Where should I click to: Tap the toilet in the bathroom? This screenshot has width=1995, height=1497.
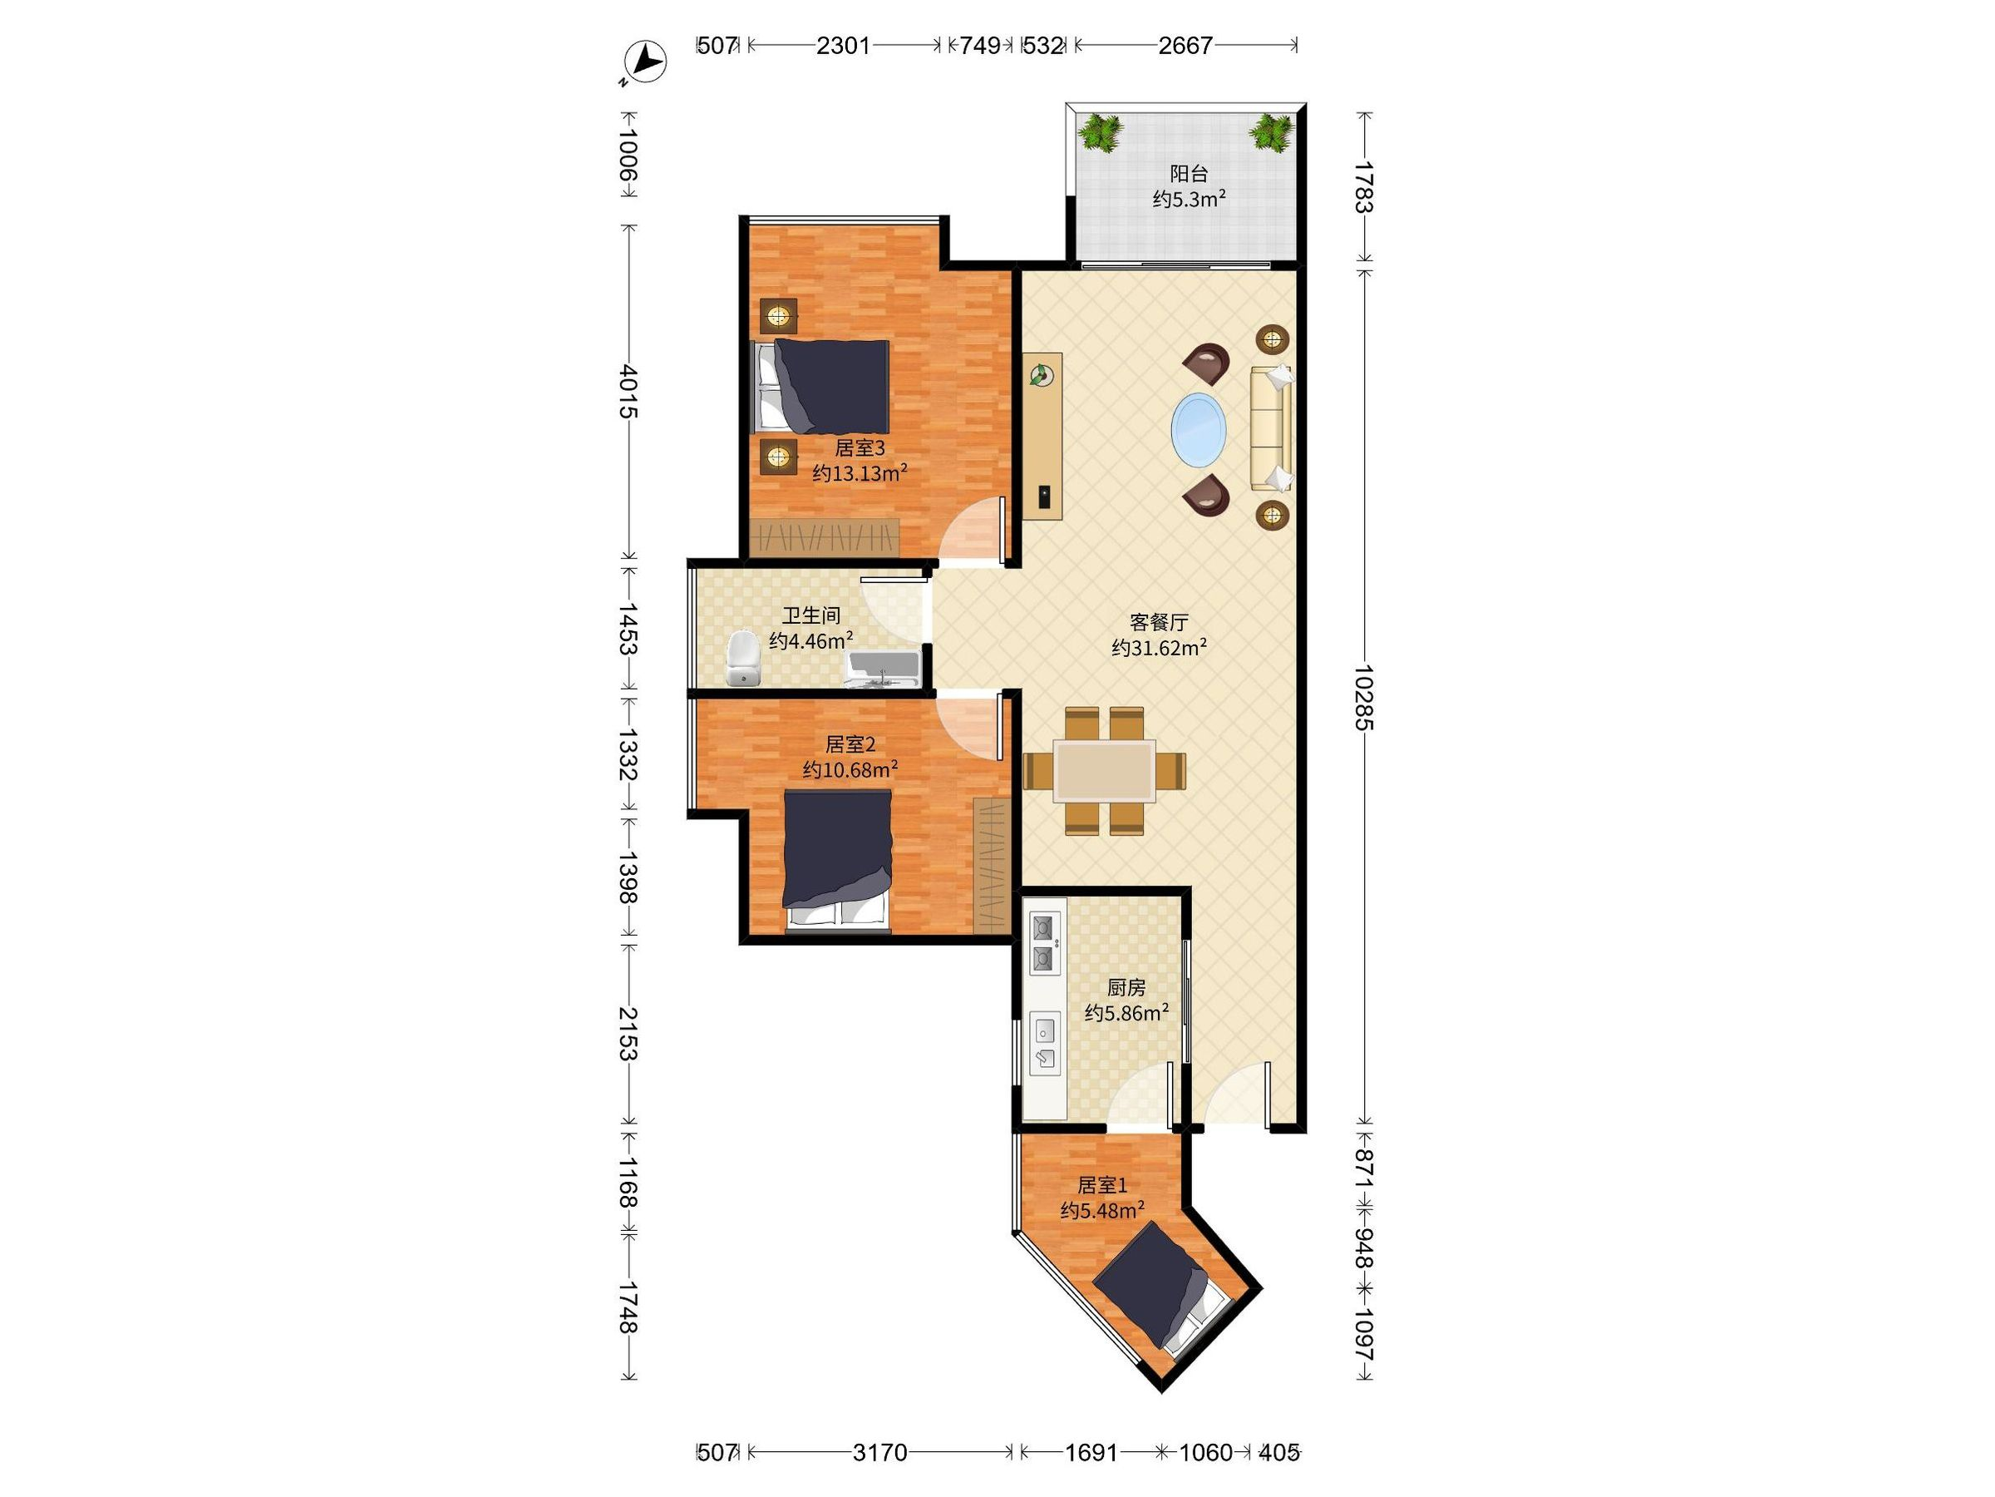pos(743,659)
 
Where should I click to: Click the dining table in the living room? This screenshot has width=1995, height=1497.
pos(1105,772)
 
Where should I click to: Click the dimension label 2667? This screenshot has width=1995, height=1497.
pos(1185,45)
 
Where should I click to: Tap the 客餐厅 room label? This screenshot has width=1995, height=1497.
pos(1159,622)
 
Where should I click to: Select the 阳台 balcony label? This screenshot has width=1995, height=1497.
pos(1189,173)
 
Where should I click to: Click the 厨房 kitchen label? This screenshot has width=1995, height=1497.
pos(1126,988)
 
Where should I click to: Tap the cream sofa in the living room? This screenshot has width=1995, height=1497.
pos(1271,428)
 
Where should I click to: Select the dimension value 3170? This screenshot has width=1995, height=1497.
pos(879,1452)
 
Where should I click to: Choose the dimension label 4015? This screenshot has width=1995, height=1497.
pos(628,392)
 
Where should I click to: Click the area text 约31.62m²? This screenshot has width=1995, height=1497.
pos(1159,648)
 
